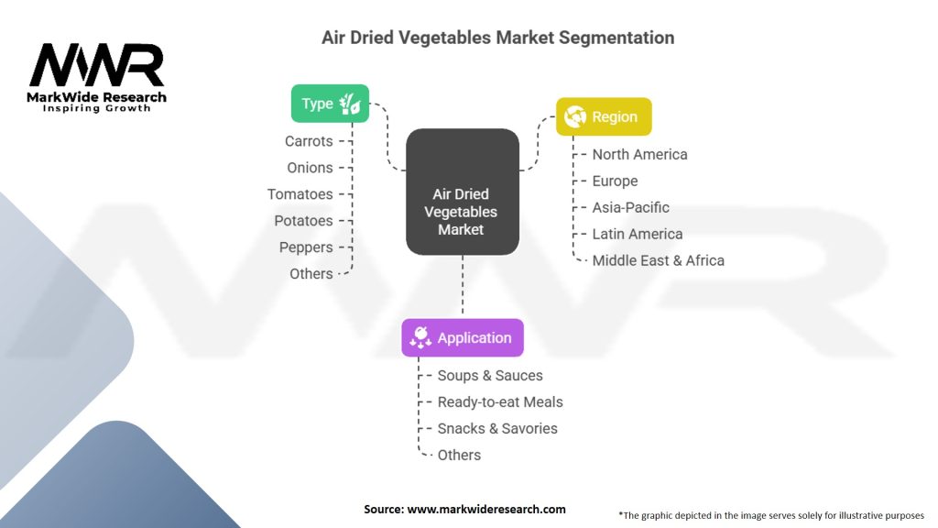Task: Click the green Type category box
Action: point(330,104)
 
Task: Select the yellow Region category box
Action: point(604,116)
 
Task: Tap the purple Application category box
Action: point(463,337)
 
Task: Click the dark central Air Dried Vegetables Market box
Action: point(463,192)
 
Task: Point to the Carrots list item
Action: point(309,141)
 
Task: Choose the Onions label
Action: point(310,168)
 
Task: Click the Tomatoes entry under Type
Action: point(300,194)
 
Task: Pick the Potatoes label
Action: point(303,221)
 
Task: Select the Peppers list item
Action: point(306,247)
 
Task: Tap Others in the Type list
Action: point(311,273)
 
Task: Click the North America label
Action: point(639,154)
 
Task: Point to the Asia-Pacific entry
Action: point(630,207)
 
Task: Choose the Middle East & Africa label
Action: point(658,260)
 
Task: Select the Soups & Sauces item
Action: point(490,375)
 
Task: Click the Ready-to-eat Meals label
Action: point(500,401)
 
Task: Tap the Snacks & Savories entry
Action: point(497,428)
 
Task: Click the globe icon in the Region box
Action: point(576,116)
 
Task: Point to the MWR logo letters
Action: point(96,65)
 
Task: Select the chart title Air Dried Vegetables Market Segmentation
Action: point(497,38)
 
